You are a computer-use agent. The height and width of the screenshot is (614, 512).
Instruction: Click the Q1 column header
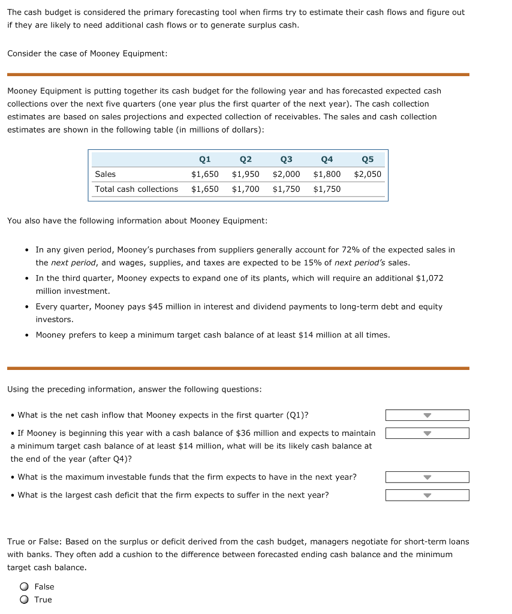[x=204, y=159]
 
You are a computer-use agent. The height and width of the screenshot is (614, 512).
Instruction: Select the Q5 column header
[x=368, y=159]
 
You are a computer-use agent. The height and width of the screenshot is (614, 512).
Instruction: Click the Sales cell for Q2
[x=245, y=174]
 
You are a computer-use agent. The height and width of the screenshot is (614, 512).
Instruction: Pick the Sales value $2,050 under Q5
[x=368, y=174]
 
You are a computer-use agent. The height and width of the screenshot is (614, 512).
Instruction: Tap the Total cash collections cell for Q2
[x=245, y=189]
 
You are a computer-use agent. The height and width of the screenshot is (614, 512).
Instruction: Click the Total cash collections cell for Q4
[x=327, y=189]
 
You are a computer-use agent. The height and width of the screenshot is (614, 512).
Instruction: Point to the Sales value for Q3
[x=286, y=174]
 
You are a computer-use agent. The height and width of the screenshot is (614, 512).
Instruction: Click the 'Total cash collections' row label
[x=136, y=189]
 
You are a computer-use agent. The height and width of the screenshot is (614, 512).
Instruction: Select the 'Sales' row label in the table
[x=105, y=174]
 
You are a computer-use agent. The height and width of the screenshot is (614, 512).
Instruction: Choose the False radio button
[x=24, y=587]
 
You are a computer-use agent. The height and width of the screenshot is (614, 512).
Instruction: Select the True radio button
[x=24, y=600]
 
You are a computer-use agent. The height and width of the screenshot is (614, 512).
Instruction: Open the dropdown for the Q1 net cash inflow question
[x=427, y=416]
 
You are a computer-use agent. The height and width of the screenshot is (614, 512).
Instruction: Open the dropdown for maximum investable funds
[x=427, y=478]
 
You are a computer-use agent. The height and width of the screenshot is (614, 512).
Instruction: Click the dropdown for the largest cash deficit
[x=427, y=496]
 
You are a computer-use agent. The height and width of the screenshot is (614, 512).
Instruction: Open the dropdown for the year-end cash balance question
[x=427, y=434]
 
